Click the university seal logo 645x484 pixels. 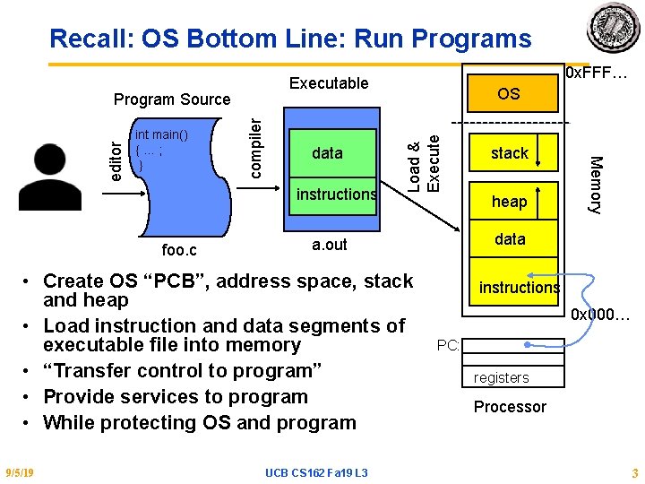614,27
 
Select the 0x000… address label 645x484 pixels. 601,315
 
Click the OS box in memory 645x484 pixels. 508,93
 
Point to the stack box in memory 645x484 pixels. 510,153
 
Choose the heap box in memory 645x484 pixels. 510,202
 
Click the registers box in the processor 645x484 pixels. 502,377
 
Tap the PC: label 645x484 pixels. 449,344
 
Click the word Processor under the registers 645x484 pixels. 510,407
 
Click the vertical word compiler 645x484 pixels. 255,137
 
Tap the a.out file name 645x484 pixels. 329,245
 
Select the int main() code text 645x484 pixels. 161,135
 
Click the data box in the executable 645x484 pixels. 327,153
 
